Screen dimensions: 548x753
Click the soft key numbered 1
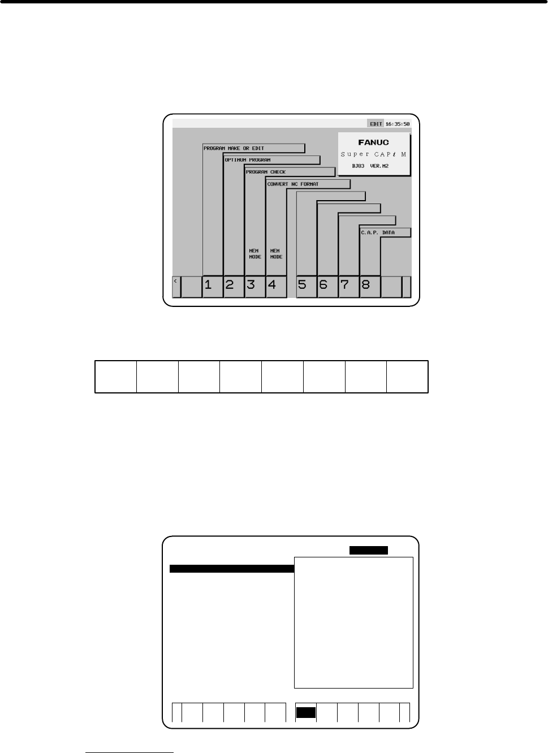tap(213, 287)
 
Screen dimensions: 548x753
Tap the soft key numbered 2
tap(234, 287)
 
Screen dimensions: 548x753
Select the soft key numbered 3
tap(255, 287)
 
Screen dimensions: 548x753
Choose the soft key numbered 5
tap(307, 287)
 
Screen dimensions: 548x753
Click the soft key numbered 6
tap(328, 287)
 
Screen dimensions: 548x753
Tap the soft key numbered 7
tap(349, 287)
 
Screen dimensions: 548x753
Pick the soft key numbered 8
tap(370, 287)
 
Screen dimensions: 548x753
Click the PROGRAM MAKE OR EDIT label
tap(234, 148)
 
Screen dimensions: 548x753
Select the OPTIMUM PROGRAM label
tap(248, 160)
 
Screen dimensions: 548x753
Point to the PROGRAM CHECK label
tap(266, 172)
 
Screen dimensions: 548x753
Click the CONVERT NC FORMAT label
tap(292, 184)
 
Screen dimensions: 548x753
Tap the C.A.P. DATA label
tap(378, 232)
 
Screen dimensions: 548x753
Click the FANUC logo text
tap(373, 142)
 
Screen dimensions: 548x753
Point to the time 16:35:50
tap(398, 124)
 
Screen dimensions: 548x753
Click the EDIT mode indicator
tap(376, 124)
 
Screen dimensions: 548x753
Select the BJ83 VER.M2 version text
tap(370, 166)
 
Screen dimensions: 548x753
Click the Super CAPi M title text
tap(373, 154)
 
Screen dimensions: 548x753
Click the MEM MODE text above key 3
tap(255, 254)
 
